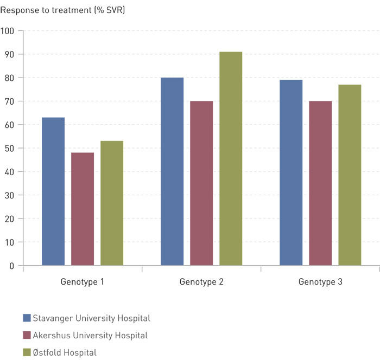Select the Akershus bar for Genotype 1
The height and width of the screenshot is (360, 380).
[x=83, y=209]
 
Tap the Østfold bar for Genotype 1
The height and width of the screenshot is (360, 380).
[x=112, y=203]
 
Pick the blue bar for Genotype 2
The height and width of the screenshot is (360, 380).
[x=172, y=171]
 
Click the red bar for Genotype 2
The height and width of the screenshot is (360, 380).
[x=201, y=183]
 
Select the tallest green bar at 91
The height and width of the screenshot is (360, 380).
[x=231, y=159]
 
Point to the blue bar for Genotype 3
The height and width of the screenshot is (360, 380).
[x=291, y=172]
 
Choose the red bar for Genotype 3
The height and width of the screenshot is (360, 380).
[x=320, y=183]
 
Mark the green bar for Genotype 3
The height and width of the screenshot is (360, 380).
[x=350, y=175]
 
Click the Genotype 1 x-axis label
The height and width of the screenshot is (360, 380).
[x=83, y=282]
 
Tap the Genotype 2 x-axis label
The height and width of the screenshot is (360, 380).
[x=201, y=282]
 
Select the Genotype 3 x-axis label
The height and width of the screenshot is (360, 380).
[x=320, y=282]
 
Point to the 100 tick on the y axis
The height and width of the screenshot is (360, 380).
[x=8, y=31]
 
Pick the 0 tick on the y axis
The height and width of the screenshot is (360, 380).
[x=11, y=266]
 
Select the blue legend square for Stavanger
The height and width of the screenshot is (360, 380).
[x=27, y=318]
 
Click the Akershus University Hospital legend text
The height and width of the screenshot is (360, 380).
[x=90, y=336]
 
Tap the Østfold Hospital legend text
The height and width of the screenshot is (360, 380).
[x=65, y=353]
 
